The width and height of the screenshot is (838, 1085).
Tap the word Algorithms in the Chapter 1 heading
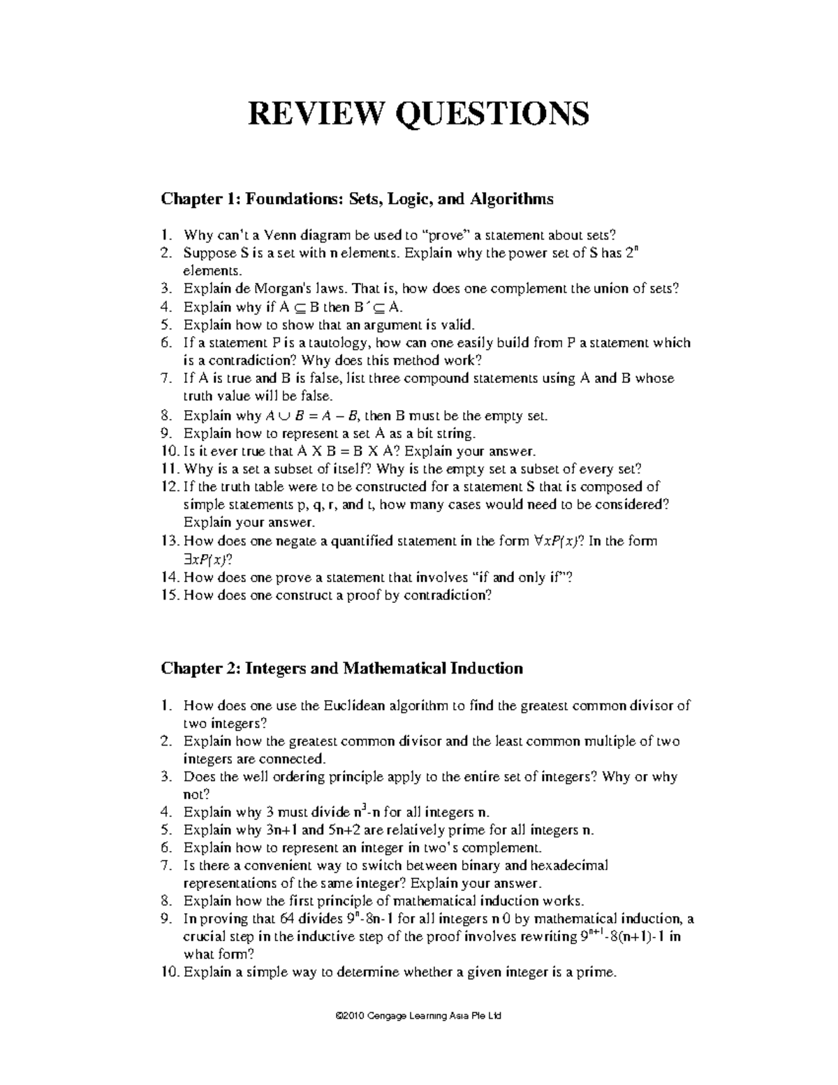click(x=511, y=199)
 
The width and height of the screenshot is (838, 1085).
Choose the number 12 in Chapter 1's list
click(x=170, y=487)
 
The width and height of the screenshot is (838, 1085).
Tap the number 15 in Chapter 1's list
click(x=170, y=595)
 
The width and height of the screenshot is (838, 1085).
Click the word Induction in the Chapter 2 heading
click(x=486, y=669)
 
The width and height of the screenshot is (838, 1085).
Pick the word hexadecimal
click(x=563, y=866)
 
